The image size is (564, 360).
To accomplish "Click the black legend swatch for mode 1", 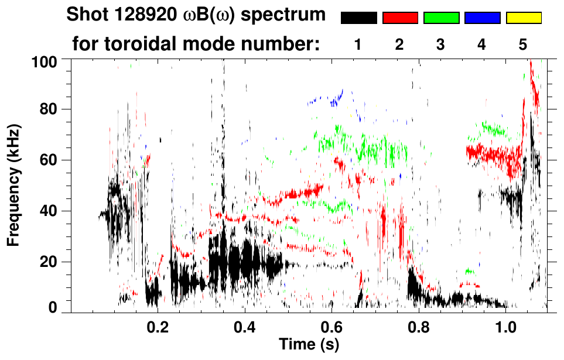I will pyautogui.click(x=358, y=18).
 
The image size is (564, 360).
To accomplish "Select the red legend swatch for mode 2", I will pyautogui.click(x=400, y=18).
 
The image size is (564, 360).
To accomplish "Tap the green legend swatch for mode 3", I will pyautogui.click(x=441, y=18).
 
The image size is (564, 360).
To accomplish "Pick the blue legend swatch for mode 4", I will pyautogui.click(x=482, y=18).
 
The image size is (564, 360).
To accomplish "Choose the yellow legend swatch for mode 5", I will pyautogui.click(x=523, y=18).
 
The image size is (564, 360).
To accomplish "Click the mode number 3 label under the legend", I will pyautogui.click(x=441, y=45).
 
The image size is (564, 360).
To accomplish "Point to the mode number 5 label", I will pyautogui.click(x=523, y=45).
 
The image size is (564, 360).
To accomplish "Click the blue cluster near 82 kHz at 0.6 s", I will pyautogui.click(x=335, y=100).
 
